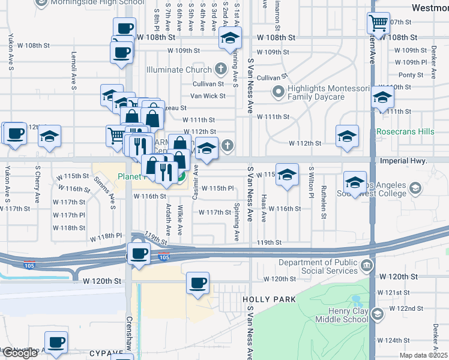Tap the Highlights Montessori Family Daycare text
329,92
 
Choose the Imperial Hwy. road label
403,161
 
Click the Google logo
19,353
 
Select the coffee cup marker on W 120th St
197,282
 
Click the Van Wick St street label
208,96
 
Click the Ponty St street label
411,75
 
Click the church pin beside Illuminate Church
220,68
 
